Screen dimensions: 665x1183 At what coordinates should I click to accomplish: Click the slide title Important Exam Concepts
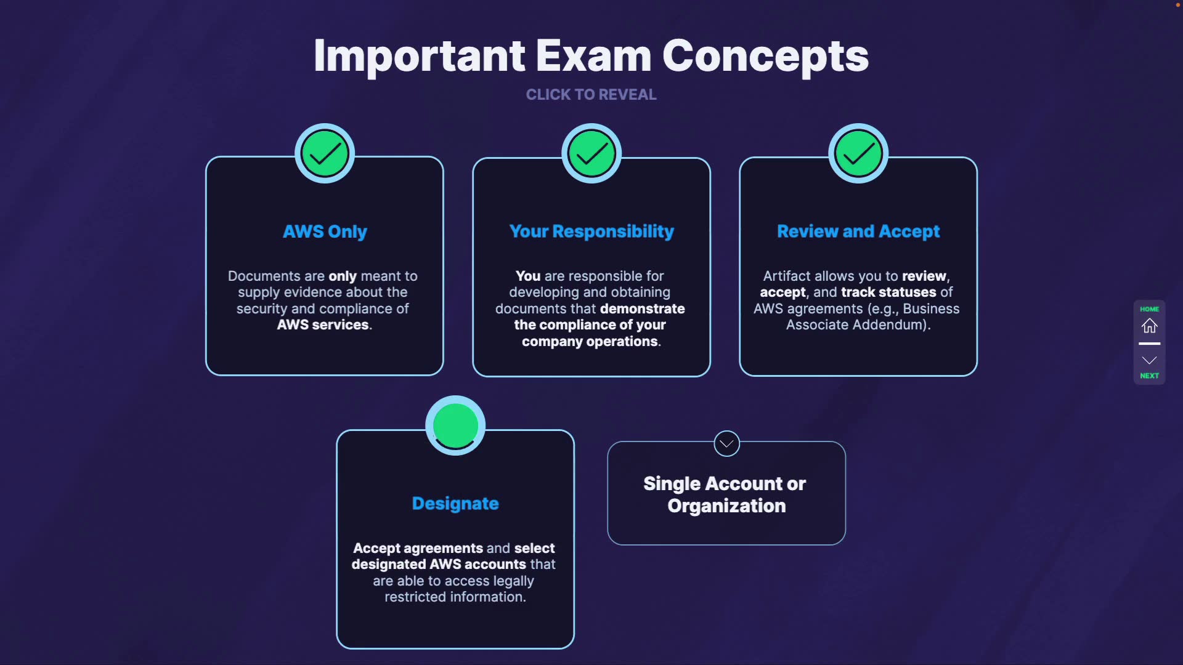591,56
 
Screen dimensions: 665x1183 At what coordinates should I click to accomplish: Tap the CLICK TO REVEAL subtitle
591,95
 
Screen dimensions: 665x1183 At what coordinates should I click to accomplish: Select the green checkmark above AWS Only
325,154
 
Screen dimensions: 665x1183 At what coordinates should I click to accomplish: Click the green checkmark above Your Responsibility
591,154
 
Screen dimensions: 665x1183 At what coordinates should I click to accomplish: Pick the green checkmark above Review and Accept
858,154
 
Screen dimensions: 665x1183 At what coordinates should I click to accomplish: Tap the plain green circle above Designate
455,425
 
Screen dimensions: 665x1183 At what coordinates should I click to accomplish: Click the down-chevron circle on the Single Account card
726,443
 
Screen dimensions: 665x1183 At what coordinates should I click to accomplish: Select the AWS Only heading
325,232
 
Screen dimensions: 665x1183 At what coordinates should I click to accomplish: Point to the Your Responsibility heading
591,232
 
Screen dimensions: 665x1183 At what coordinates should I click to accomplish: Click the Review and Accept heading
858,232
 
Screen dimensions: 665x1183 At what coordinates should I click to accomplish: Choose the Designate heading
455,504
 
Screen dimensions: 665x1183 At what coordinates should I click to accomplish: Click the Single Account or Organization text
726,494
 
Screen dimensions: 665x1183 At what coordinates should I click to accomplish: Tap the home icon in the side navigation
1149,326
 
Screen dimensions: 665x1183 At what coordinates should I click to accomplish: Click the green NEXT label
1149,376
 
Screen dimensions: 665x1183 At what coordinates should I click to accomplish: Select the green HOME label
1149,309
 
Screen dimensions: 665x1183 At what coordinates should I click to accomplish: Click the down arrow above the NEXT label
1149,360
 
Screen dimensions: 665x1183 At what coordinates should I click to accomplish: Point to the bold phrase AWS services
323,325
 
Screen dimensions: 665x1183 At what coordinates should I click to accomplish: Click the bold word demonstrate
642,309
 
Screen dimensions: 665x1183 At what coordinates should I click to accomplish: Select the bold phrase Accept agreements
418,549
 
